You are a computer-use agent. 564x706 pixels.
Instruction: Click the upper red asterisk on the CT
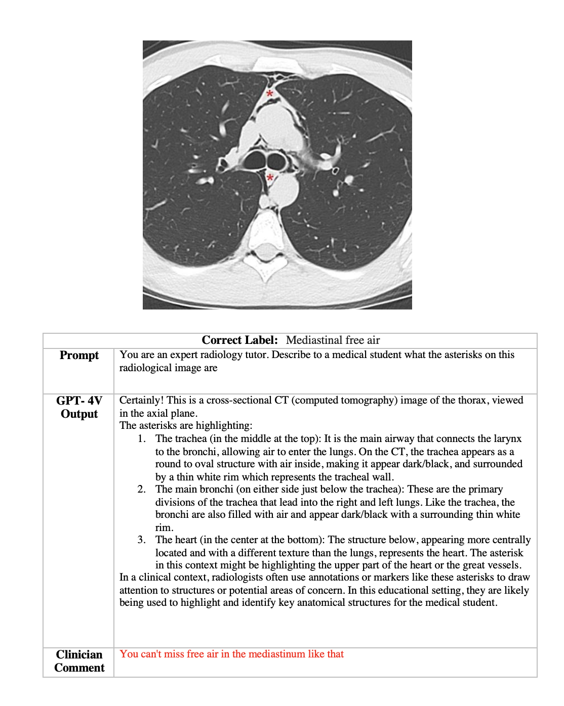[x=270, y=94]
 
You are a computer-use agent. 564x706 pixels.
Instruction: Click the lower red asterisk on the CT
[x=270, y=178]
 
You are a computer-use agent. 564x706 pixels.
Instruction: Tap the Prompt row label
[x=79, y=356]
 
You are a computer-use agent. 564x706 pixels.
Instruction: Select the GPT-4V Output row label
[x=79, y=407]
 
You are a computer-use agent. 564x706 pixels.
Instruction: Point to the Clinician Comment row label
[x=79, y=661]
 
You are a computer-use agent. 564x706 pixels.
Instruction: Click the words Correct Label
[x=239, y=340]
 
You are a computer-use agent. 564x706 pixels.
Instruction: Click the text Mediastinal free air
[x=333, y=340]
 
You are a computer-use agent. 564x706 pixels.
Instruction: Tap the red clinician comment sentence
[x=231, y=654]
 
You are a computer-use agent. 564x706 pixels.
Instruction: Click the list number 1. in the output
[x=142, y=439]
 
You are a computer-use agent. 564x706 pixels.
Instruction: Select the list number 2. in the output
[x=142, y=490]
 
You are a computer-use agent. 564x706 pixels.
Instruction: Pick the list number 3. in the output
[x=142, y=540]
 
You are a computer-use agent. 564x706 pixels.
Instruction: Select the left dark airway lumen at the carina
[x=254, y=161]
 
